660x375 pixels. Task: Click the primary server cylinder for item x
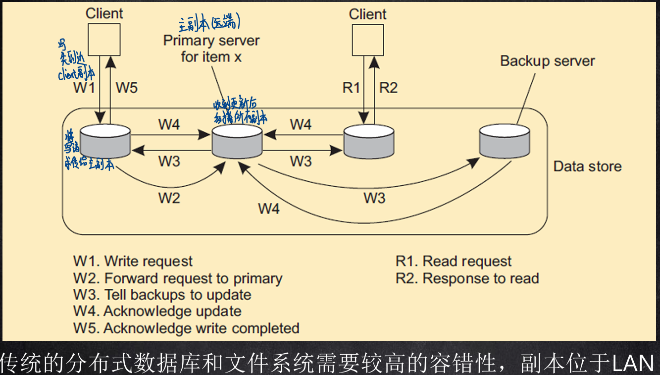coord(237,142)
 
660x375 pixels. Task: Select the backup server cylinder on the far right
coord(505,142)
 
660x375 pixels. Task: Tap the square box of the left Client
coord(103,39)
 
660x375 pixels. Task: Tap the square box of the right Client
coord(367,39)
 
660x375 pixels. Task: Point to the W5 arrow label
coord(127,88)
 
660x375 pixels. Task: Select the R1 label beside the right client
coord(352,88)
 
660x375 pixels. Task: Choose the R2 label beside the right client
coord(388,88)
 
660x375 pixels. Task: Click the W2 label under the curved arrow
coord(169,198)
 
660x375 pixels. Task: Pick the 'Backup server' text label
coord(547,61)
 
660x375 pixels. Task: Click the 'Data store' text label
coord(587,166)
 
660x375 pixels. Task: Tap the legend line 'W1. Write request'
coord(133,261)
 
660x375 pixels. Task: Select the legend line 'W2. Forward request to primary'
coord(178,278)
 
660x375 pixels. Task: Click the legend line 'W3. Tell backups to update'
coord(162,295)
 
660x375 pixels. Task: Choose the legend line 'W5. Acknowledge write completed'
coord(186,328)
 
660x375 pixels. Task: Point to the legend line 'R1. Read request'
coord(454,261)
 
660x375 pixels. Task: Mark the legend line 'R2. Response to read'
coord(467,278)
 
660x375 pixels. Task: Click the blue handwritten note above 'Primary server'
coord(209,22)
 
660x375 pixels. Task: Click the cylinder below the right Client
coord(369,142)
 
